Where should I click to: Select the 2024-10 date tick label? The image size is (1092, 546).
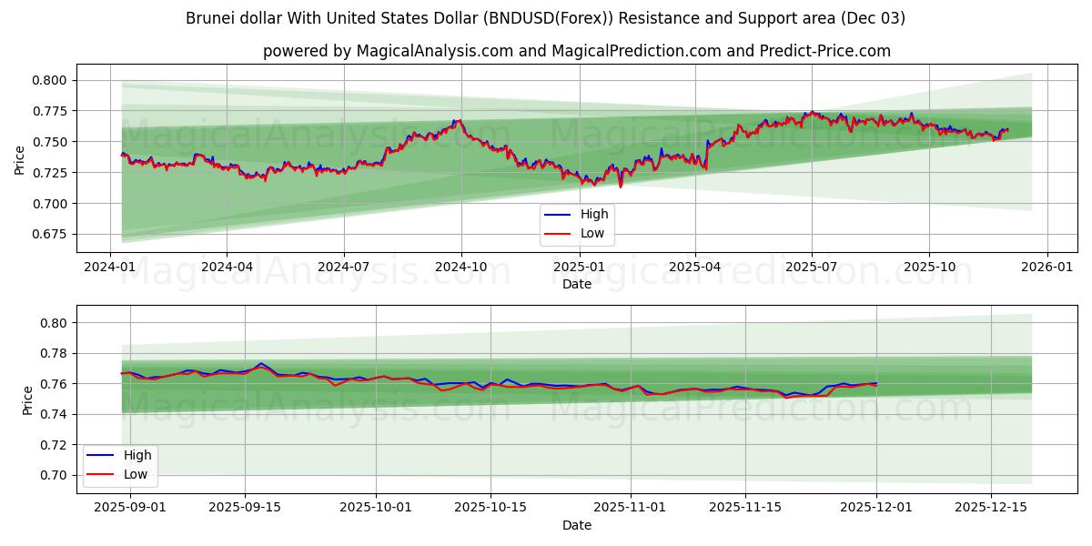[x=460, y=268]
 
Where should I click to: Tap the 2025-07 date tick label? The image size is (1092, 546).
[x=812, y=268]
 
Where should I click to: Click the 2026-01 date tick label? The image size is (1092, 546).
[x=1046, y=268]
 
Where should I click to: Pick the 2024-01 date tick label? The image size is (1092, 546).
[x=110, y=268]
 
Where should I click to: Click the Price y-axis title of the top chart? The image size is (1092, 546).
[x=20, y=159]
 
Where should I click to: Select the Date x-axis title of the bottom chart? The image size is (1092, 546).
[x=576, y=525]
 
